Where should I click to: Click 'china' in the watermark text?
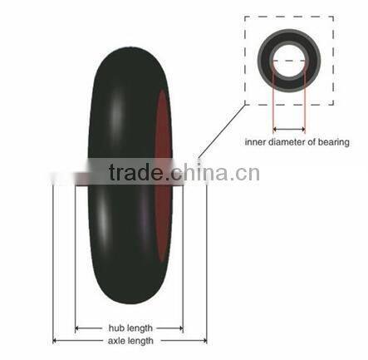[204, 173]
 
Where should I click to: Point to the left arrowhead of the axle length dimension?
[56, 340]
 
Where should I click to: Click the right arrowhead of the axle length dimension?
[204, 340]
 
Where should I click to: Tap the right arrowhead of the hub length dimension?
[180, 328]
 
